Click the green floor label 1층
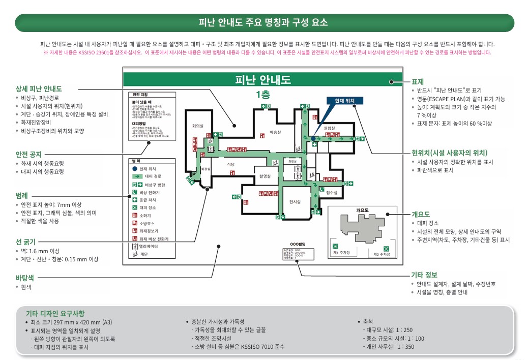(263, 94)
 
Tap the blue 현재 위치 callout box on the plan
(344, 101)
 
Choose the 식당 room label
(230, 164)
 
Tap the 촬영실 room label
(265, 175)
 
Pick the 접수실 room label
(332, 193)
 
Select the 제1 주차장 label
(341, 253)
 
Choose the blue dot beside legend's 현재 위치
(134, 168)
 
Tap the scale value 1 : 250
(403, 330)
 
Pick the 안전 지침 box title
(140, 95)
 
